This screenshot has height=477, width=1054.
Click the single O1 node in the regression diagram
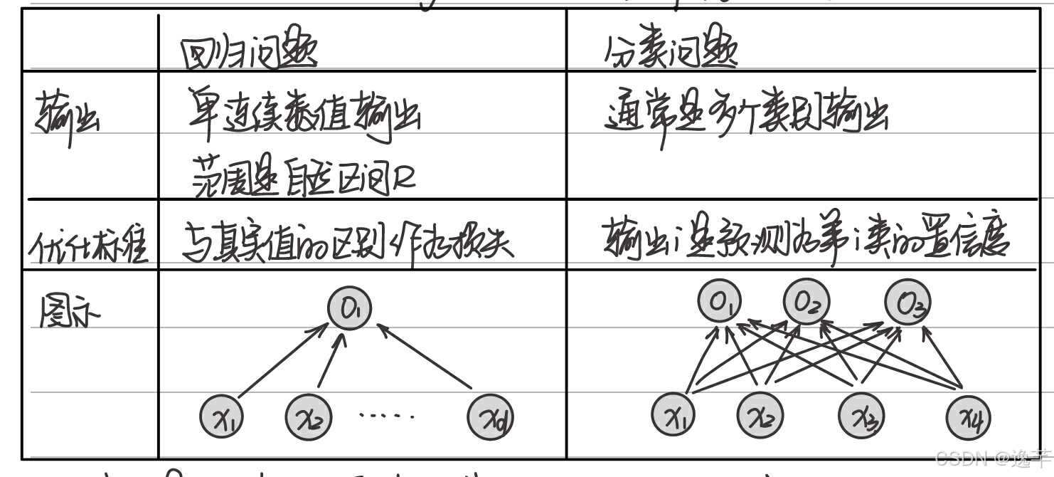pyautogui.click(x=349, y=308)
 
